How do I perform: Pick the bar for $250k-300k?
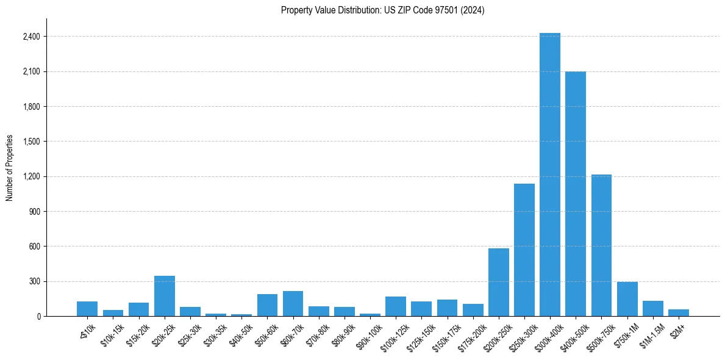click(524, 250)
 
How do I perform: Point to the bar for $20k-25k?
click(165, 297)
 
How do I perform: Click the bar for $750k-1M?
click(627, 299)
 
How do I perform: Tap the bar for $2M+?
click(678, 313)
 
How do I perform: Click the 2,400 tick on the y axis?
click(31, 37)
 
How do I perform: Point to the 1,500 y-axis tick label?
click(31, 142)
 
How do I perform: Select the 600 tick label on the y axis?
click(35, 247)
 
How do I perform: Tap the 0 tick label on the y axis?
click(38, 317)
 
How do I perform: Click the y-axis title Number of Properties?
click(10, 168)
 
